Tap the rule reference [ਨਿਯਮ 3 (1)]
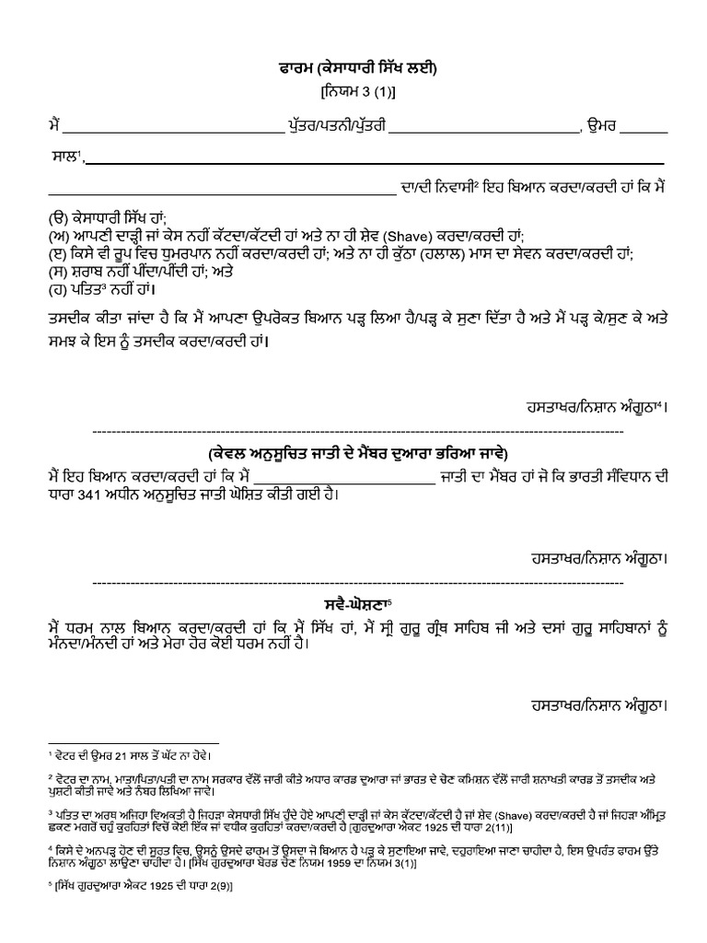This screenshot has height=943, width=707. (353, 93)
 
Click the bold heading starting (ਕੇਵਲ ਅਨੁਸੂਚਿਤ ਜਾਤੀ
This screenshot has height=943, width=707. (353, 455)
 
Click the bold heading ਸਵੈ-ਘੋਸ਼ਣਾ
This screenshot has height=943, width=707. (352, 608)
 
